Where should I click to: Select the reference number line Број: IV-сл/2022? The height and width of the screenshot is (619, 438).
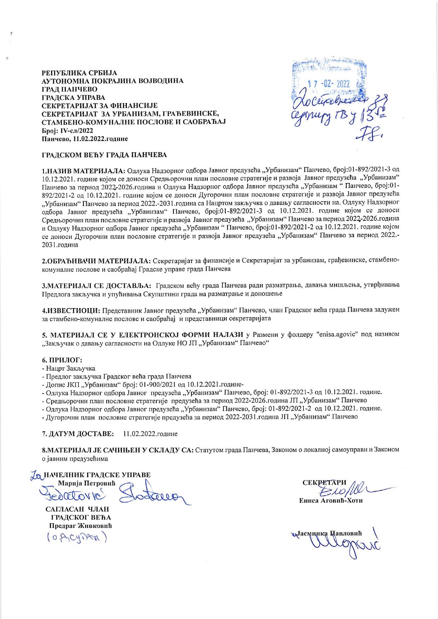tap(65, 130)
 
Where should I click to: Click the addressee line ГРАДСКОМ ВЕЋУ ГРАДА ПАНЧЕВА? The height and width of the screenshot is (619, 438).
tap(104, 155)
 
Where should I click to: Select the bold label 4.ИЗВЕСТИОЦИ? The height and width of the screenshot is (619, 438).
tap(71, 311)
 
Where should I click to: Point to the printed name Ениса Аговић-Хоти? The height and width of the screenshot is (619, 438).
tap(331, 501)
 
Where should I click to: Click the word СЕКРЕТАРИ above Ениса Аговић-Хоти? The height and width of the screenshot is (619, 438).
tap(325, 482)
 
